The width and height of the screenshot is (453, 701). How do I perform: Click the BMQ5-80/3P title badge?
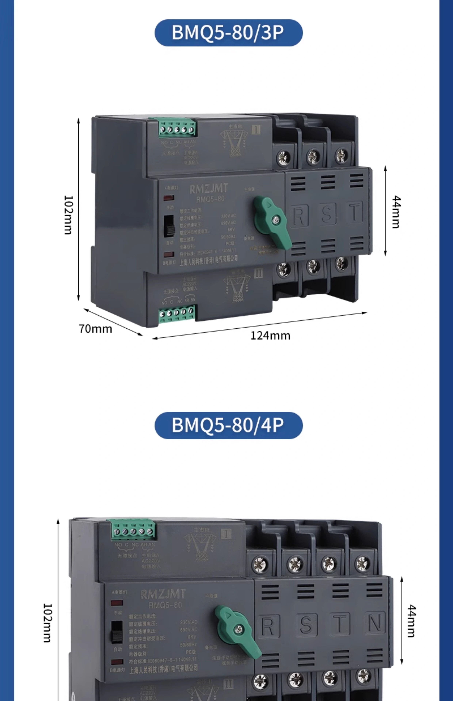(228, 33)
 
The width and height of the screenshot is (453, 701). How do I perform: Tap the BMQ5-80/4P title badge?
(228, 425)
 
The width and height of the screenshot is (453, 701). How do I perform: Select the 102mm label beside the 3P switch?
(68, 215)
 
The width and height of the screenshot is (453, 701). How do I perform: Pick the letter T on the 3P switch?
(355, 212)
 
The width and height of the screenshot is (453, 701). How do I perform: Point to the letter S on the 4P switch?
(306, 624)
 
